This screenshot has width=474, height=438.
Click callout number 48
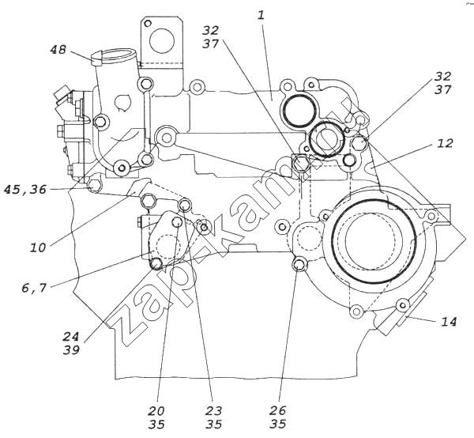(58, 49)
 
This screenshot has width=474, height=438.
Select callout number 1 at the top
(261, 15)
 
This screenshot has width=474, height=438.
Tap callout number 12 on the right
(445, 143)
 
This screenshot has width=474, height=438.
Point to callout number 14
(449, 322)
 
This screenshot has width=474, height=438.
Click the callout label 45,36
(25, 190)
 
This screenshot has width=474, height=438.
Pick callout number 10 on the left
(38, 247)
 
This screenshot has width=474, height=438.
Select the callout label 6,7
(34, 288)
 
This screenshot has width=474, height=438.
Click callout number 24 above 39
(71, 336)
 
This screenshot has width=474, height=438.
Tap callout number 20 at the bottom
(156, 411)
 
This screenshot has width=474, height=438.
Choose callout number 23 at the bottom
(214, 411)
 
